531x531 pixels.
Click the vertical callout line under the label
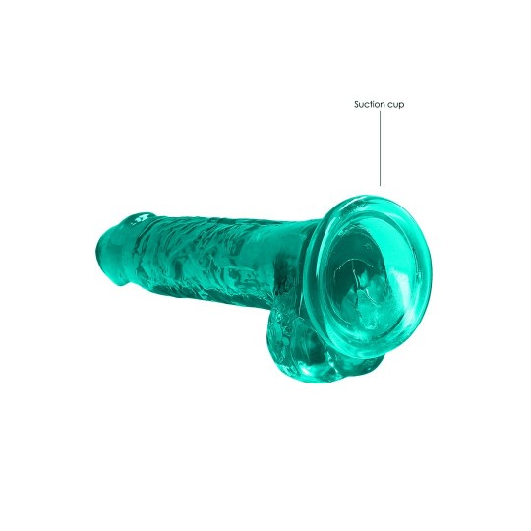381,147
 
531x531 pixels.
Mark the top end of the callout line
381,113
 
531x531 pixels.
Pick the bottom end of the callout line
381,184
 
